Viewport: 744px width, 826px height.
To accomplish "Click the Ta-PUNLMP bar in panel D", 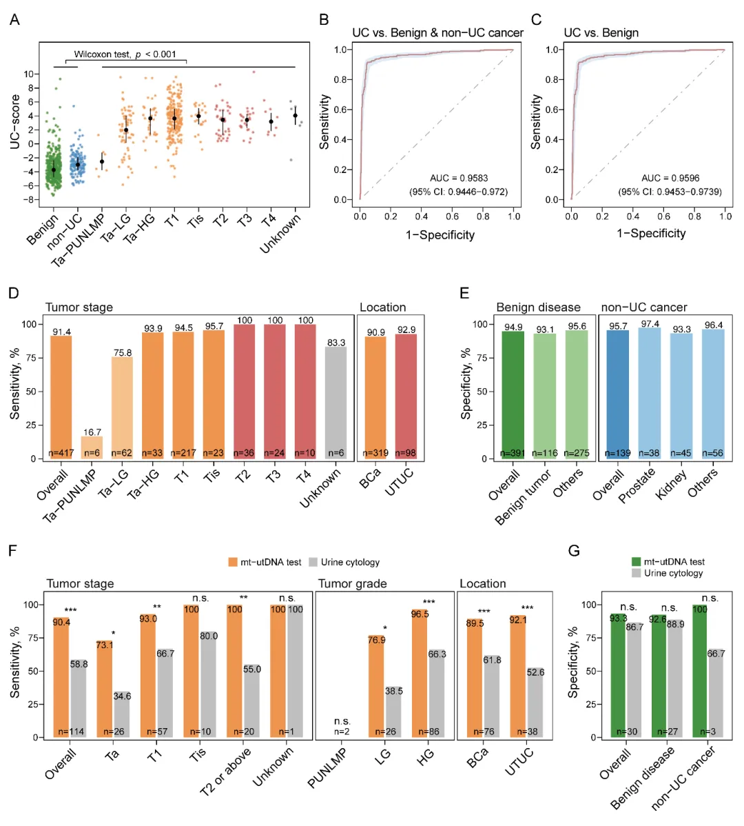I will (x=92, y=447).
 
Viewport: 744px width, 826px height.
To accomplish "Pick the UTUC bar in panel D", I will (x=406, y=396).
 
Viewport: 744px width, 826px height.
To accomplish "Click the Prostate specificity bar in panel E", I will (x=649, y=393).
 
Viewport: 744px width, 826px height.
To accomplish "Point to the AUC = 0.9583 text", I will (x=458, y=178).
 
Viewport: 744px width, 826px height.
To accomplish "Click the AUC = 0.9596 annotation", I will (x=670, y=178).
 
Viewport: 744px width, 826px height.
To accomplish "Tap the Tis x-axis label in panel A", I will (x=196, y=222).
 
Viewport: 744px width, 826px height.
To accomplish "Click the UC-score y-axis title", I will (x=15, y=122).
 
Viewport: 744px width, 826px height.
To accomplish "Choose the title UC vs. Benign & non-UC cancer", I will (x=437, y=32).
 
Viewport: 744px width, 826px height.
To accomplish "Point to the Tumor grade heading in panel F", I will (x=352, y=584).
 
